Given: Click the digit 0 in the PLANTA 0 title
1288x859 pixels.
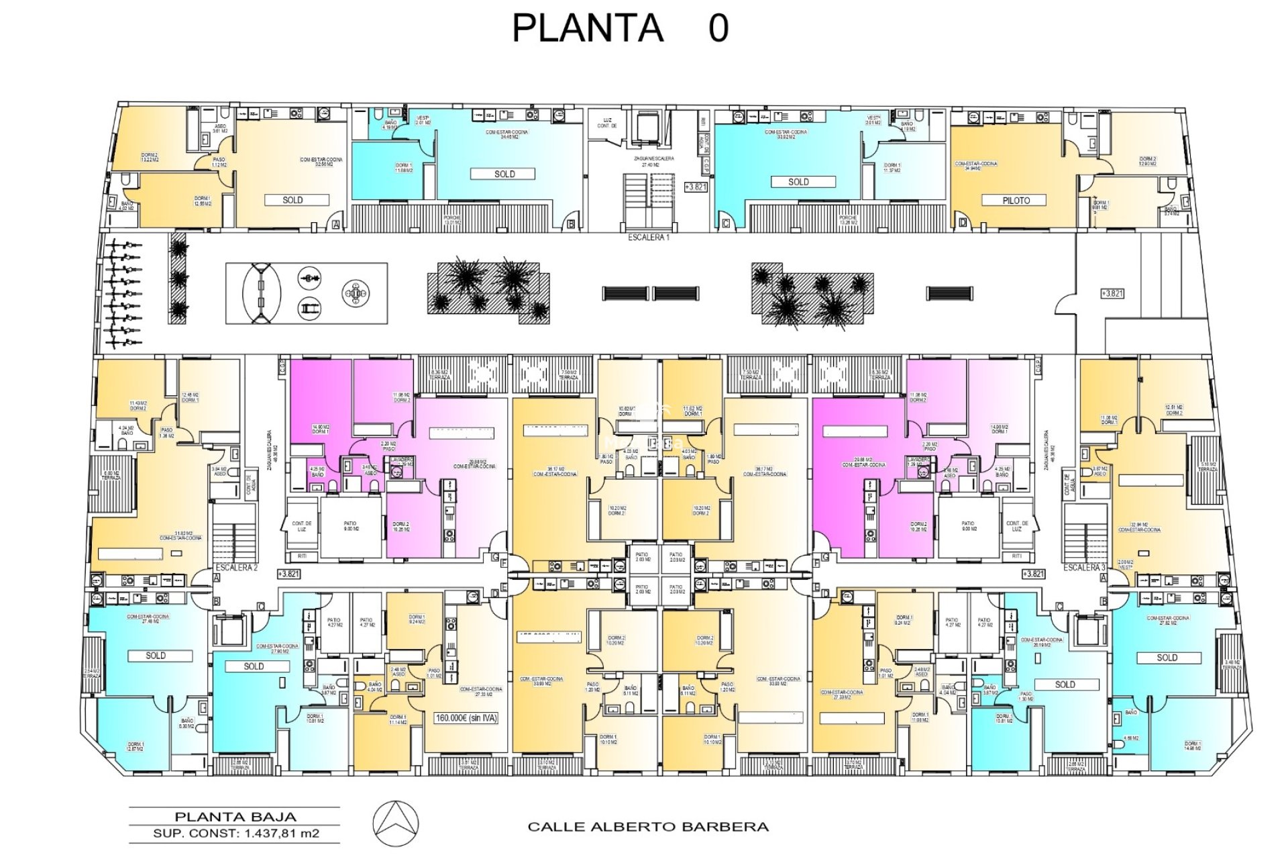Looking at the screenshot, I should point(718,28).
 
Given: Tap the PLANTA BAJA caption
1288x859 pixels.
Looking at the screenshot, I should point(235,817).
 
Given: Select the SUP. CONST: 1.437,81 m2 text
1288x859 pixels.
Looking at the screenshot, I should point(235,833).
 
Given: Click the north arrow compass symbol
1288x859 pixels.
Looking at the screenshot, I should point(396,823).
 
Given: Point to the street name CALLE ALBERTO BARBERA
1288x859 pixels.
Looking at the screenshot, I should point(648,827).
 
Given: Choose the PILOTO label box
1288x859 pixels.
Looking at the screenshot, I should point(1016,201).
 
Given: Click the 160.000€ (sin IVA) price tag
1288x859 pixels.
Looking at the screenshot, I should point(467,718).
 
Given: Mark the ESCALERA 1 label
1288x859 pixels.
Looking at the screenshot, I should point(648,237).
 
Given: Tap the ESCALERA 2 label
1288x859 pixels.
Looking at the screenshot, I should point(236,568).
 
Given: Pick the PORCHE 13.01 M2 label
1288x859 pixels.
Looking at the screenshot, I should point(453,220).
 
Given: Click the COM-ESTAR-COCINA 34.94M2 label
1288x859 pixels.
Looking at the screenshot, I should point(976,166).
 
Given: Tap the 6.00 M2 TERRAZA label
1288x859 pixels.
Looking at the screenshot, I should point(111,475).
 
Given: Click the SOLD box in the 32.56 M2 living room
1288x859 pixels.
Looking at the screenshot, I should point(292,200).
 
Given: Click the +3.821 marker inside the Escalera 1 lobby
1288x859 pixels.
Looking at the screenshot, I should point(696,187).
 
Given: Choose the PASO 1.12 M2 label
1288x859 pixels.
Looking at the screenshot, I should point(219,162).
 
